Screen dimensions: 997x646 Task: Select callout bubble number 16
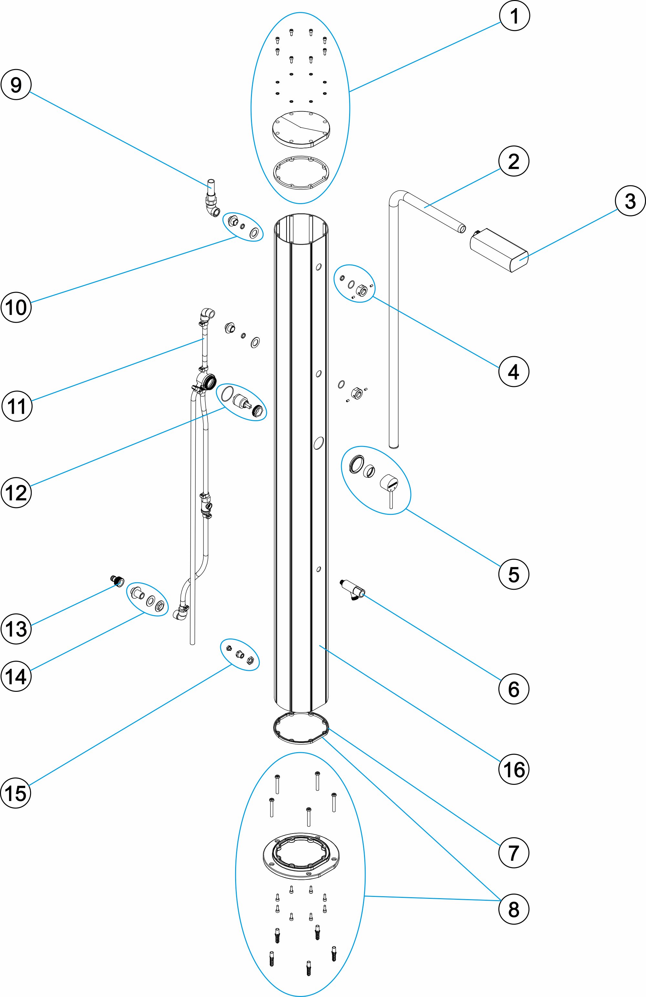(x=514, y=769)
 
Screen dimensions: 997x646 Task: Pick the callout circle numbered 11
(x=17, y=406)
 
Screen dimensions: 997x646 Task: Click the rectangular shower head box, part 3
(x=498, y=250)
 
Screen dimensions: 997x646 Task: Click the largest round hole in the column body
(x=319, y=443)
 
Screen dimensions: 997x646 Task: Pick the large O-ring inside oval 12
(x=227, y=394)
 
